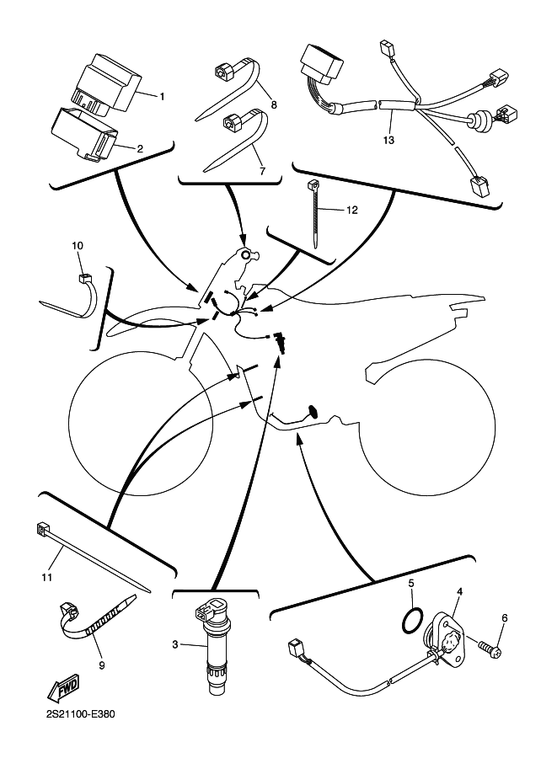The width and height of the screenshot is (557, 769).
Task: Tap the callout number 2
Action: [140, 148]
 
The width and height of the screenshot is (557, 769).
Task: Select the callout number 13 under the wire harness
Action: [388, 139]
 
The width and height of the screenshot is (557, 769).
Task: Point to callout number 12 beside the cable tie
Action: [351, 210]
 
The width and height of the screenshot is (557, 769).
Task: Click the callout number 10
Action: [78, 246]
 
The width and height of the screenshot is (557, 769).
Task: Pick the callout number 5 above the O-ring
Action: [411, 583]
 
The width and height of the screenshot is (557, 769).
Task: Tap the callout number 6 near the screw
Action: [505, 618]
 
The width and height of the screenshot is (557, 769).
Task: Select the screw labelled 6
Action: [488, 649]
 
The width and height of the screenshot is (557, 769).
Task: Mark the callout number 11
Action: [47, 577]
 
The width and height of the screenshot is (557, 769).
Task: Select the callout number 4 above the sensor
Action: [459, 592]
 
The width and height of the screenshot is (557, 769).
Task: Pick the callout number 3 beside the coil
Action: [175, 645]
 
